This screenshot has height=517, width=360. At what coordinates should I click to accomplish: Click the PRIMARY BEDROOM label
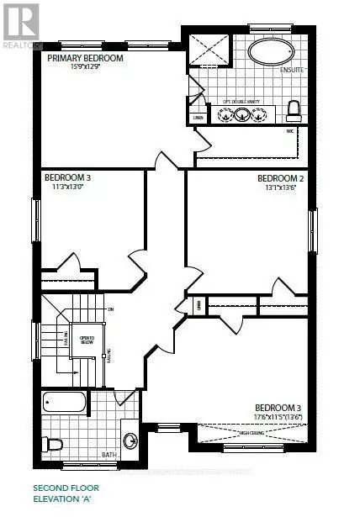coord(86,58)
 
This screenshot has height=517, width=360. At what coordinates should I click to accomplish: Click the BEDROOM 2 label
coord(279,178)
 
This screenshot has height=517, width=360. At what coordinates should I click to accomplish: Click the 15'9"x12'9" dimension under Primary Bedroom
coord(87,67)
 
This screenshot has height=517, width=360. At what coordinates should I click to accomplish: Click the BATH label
coord(110,454)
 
